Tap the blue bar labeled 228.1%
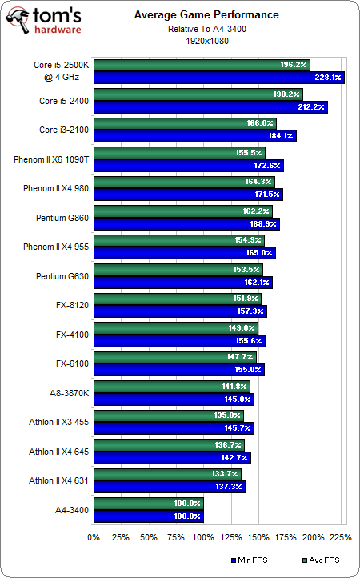pyautogui.click(x=218, y=78)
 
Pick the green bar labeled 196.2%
pyautogui.click(x=201, y=65)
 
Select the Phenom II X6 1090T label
pyautogui.click(x=51, y=159)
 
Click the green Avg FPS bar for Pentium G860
pyautogui.click(x=182, y=211)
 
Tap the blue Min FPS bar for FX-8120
pyautogui.click(x=180, y=311)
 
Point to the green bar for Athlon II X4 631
pyautogui.click(x=167, y=473)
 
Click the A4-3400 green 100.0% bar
pyautogui.click(x=148, y=502)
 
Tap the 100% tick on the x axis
pyautogui.click(x=203, y=536)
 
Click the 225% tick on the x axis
pyautogui.click(x=340, y=536)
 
